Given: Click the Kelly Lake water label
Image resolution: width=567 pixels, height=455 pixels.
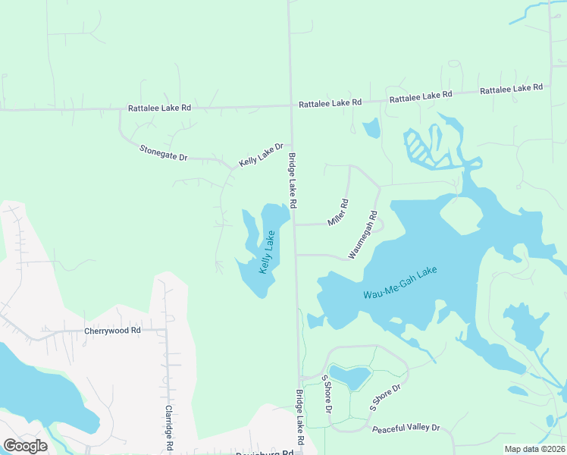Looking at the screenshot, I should pyautogui.click(x=267, y=254).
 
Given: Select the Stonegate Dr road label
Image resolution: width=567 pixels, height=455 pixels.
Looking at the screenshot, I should pyautogui.click(x=163, y=152).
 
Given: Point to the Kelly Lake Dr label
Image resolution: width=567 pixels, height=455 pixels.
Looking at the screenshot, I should pyautogui.click(x=261, y=155).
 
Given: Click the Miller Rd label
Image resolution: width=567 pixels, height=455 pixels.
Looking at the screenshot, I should pyautogui.click(x=338, y=212).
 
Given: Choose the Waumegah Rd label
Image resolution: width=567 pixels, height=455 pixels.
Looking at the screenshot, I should pyautogui.click(x=363, y=235).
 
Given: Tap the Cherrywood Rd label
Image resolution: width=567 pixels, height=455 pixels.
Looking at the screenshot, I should pyautogui.click(x=113, y=331).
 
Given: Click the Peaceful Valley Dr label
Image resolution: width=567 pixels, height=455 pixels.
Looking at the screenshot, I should pyautogui.click(x=406, y=428).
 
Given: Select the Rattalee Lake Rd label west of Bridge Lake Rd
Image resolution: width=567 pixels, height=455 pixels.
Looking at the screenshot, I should pyautogui.click(x=159, y=108).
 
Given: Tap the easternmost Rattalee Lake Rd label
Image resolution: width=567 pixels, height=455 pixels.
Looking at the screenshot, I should pyautogui.click(x=512, y=89).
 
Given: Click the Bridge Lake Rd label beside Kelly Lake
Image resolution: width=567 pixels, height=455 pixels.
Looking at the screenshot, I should pyautogui.click(x=292, y=182).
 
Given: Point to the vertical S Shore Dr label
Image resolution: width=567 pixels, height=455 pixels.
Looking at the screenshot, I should pyautogui.click(x=327, y=394).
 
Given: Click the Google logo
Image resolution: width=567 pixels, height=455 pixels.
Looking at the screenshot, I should pyautogui.click(x=25, y=446).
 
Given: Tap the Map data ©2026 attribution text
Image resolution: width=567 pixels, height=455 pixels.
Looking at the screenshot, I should pyautogui.click(x=534, y=449).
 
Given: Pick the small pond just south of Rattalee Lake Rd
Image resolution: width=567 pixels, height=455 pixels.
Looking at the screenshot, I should pyautogui.click(x=371, y=129).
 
